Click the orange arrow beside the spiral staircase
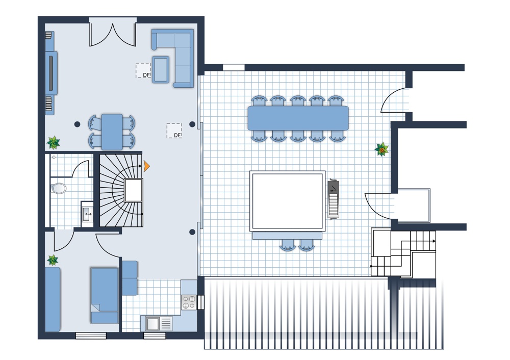click(x=146, y=166)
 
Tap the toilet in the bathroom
click(x=58, y=188)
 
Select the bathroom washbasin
click(x=87, y=214)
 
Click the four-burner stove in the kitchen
click(x=189, y=302)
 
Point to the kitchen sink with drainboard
click(x=159, y=324)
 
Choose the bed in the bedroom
click(x=105, y=295)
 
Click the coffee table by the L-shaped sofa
click(x=161, y=69)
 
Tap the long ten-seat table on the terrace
click(x=298, y=118)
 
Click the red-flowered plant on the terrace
click(x=381, y=149)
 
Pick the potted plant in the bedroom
click(x=53, y=260)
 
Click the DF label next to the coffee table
click(x=146, y=75)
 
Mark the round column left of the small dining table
click(x=77, y=124)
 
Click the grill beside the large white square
click(x=334, y=199)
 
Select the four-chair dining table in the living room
click(x=112, y=132)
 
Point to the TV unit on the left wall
click(x=51, y=73)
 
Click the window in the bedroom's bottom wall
click(x=91, y=336)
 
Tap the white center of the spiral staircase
click(x=134, y=190)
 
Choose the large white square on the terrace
click(x=288, y=201)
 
